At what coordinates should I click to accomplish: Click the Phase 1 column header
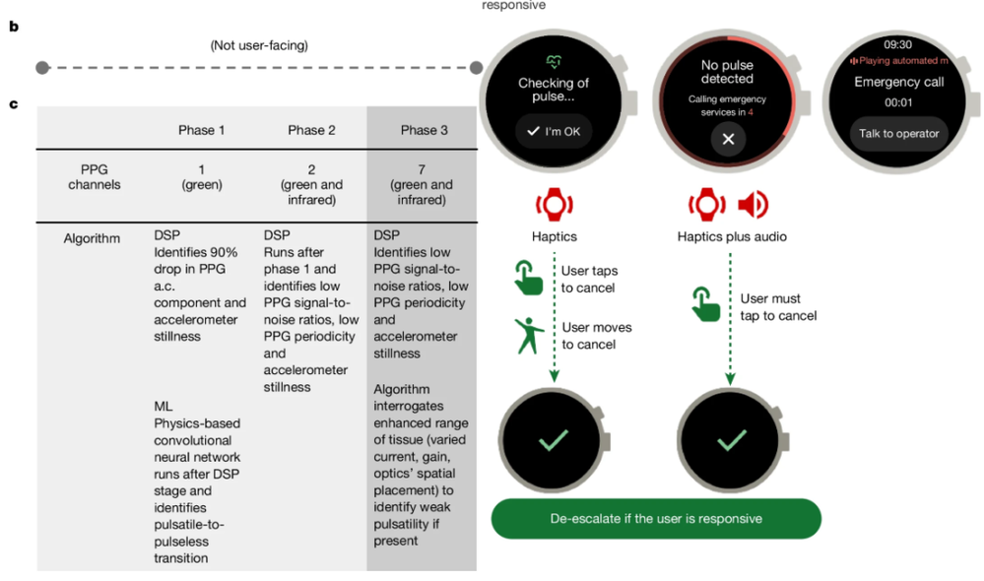tap(201, 130)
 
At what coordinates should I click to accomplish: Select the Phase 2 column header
tap(311, 130)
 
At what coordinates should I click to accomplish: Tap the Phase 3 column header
tap(424, 130)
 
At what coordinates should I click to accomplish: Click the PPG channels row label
tap(95, 177)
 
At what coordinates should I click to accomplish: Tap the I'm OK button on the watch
tap(553, 131)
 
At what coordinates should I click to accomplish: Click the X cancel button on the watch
tap(728, 139)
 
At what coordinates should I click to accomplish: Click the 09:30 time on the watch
tap(897, 44)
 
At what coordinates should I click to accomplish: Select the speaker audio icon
tap(754, 205)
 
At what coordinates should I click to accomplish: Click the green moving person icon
tap(529, 336)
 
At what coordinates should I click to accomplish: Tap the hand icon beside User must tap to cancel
tap(705, 306)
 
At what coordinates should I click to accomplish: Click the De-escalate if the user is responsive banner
tap(656, 518)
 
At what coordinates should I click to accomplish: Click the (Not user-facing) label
tap(259, 45)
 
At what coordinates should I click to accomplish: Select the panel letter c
tap(13, 102)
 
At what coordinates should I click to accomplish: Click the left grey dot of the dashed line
tap(41, 68)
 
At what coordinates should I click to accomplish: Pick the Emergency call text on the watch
tap(898, 83)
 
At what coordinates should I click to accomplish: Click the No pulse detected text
tap(727, 72)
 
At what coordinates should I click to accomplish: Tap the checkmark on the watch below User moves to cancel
tap(552, 440)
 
